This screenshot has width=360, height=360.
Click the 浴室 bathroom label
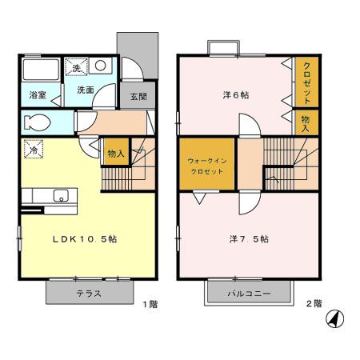coord(38,94)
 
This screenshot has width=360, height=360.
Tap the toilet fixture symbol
coord(37,123)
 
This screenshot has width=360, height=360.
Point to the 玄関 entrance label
coord(132,95)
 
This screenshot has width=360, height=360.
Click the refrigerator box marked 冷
coord(34,150)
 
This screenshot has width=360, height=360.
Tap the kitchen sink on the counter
coord(59,195)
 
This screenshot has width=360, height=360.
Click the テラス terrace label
coord(88,293)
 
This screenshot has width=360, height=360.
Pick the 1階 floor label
coord(150,304)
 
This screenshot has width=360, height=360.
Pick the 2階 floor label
coord(313,304)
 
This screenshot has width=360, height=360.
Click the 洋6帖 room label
coord(235,94)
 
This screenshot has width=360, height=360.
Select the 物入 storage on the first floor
coord(115,153)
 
